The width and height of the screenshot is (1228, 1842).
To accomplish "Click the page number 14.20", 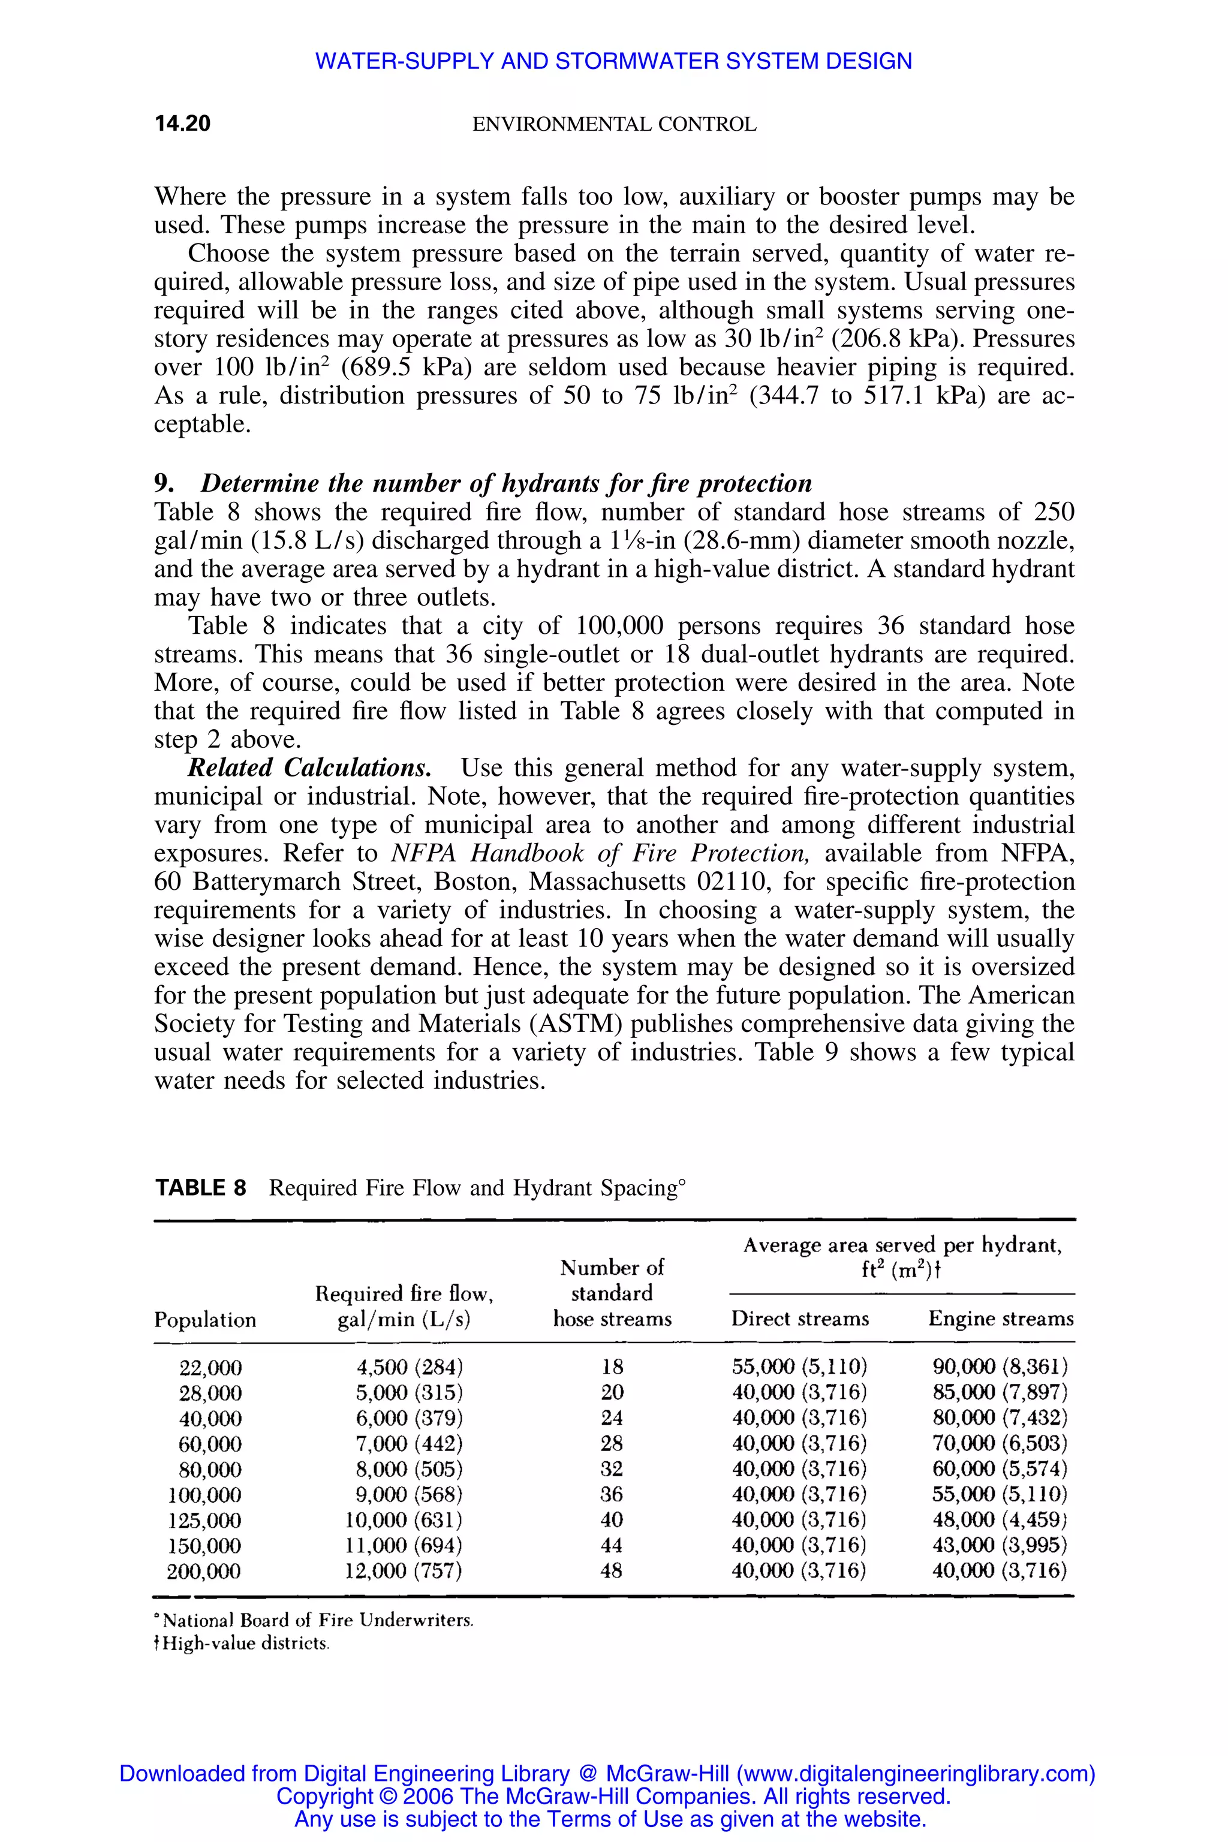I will [182, 124].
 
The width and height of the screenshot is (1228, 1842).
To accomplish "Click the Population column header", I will [205, 1320].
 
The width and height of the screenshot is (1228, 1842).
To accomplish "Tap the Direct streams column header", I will [800, 1319].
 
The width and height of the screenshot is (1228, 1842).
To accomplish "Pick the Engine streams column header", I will [1000, 1319].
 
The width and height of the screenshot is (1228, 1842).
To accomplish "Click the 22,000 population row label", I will [210, 1367].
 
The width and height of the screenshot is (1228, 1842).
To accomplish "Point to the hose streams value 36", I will [612, 1494].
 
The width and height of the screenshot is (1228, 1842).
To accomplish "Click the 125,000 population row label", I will [204, 1520].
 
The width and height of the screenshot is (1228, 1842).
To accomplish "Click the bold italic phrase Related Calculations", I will [309, 767].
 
